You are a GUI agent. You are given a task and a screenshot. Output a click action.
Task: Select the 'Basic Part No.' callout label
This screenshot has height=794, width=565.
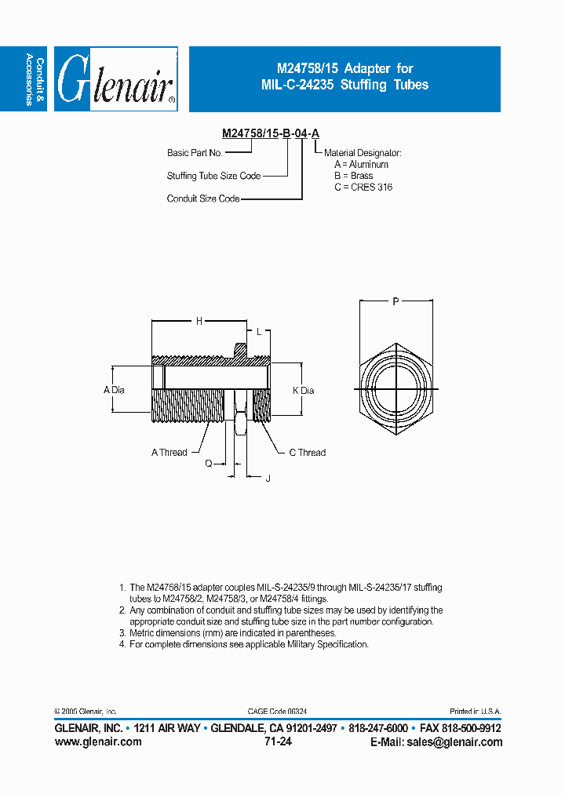(x=195, y=153)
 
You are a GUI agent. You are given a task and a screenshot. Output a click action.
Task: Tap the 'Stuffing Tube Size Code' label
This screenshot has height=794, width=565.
(x=213, y=176)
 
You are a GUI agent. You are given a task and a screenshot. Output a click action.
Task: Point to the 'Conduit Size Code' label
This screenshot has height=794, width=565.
(x=203, y=198)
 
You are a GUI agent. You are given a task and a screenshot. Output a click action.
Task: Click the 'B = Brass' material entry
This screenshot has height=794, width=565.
(x=354, y=176)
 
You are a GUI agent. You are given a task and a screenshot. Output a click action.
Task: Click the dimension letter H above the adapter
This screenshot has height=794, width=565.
(x=199, y=320)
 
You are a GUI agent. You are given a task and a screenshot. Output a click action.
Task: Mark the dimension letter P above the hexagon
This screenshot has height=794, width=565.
(x=396, y=300)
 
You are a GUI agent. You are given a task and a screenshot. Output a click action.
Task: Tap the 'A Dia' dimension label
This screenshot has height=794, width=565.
(x=115, y=390)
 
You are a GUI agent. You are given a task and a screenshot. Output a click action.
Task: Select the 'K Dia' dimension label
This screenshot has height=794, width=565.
(x=303, y=390)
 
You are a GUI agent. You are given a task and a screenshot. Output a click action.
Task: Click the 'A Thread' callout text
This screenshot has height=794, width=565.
(x=169, y=452)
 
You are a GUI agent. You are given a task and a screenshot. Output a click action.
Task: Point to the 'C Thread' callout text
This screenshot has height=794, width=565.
(x=307, y=452)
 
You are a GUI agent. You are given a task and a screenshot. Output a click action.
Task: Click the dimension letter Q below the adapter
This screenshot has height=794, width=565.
(x=209, y=464)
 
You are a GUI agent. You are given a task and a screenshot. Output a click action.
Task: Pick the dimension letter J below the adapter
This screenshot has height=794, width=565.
(x=268, y=477)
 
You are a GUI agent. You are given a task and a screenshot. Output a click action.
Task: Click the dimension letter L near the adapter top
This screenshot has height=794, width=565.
(x=259, y=332)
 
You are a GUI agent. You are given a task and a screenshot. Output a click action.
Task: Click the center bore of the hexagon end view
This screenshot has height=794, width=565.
(x=396, y=389)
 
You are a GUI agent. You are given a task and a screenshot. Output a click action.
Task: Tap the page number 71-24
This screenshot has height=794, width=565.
(x=279, y=741)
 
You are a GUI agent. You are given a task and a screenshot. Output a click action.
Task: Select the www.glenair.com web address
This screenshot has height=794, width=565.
(x=98, y=741)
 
